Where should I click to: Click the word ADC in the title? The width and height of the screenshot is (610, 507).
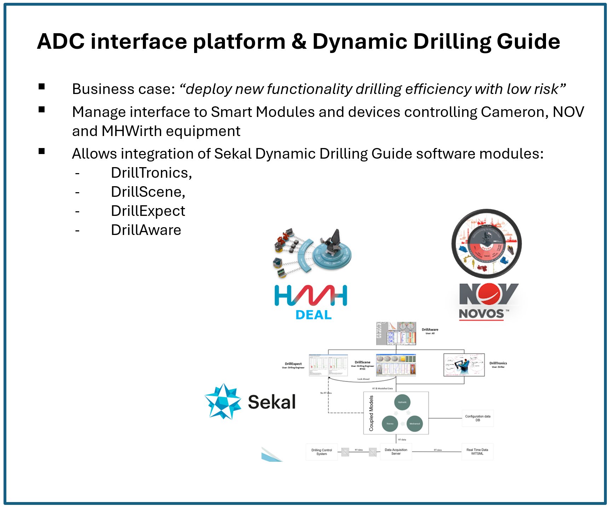click(60, 42)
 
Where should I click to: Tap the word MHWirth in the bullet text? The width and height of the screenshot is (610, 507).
click(132, 131)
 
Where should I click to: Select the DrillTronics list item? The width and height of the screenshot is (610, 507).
click(151, 173)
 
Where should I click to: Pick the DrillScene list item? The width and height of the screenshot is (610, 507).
click(148, 192)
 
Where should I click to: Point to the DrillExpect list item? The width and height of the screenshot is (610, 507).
click(148, 211)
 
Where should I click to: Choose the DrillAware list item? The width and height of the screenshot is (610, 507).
click(146, 230)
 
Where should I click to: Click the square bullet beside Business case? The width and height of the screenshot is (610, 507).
click(42, 87)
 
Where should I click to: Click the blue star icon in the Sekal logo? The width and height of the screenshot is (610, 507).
click(223, 401)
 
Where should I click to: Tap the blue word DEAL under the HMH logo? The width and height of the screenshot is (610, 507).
click(313, 314)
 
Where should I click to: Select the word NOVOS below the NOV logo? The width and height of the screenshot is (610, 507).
click(481, 313)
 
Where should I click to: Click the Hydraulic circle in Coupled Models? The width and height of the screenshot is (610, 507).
click(402, 402)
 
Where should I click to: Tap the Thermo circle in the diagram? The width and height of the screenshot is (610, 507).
click(390, 424)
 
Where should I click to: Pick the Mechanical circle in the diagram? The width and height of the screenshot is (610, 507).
click(415, 424)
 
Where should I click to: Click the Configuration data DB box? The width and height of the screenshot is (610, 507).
click(477, 418)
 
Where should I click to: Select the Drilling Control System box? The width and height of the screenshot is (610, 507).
click(321, 452)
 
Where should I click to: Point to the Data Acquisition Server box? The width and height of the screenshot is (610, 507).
click(396, 452)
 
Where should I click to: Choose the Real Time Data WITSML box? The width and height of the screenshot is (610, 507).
click(477, 452)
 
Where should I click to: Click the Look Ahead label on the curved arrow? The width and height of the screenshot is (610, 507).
click(363, 379)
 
